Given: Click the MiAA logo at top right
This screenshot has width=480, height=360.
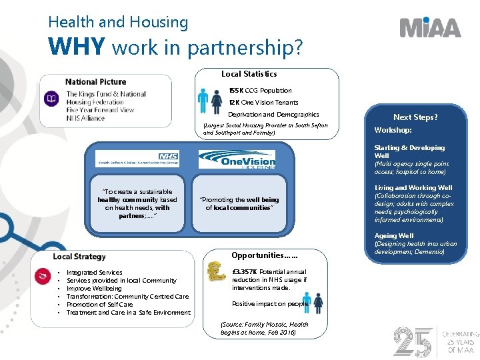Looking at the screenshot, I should coord(430,27).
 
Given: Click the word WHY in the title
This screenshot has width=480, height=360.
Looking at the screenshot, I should coord(77,47).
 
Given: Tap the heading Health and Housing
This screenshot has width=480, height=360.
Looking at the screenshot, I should coord(118,22).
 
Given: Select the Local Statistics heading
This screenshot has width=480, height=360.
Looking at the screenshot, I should coord(249,74).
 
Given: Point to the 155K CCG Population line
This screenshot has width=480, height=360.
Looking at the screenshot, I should coord(260,91).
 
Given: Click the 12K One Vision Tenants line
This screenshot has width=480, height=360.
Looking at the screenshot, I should coord(263,103).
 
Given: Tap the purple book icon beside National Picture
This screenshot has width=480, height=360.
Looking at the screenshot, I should coord(51,99).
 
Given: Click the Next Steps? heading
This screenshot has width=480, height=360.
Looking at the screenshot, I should coord(415,117).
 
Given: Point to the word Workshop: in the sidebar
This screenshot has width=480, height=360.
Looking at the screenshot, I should coord(393,131).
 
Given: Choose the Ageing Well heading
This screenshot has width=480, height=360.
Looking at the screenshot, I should coord(394,236).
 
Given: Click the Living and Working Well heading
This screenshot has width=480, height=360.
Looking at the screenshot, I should coord(413,188).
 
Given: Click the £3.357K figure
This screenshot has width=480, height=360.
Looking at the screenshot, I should coord(245,272).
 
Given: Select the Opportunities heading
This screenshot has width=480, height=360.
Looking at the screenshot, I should coord(264,255).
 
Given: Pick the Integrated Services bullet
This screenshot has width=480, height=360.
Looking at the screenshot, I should coord(94,273).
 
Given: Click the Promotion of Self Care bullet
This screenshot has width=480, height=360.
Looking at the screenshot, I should coord(100,305).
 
